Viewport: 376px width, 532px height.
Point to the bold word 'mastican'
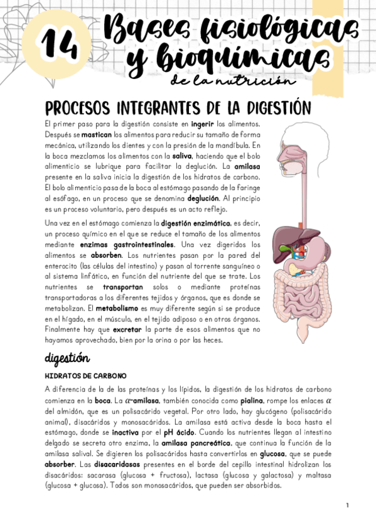(x=96, y=134)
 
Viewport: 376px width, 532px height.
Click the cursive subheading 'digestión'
(x=67, y=358)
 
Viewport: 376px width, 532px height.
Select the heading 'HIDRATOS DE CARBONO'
(x=85, y=376)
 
